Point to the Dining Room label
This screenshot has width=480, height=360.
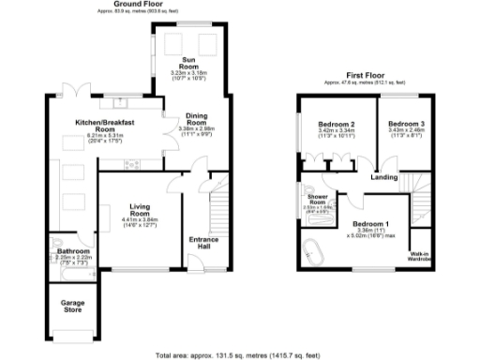click(x=196, y=119)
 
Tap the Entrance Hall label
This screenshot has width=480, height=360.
click(x=204, y=244)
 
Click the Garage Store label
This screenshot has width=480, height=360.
click(x=72, y=307)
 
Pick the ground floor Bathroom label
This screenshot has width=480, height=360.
click(x=72, y=251)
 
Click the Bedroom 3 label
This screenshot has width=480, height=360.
click(x=407, y=125)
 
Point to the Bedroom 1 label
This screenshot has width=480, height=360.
click(x=371, y=223)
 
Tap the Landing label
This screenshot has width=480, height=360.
click(x=382, y=177)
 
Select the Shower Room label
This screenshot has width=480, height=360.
click(x=317, y=200)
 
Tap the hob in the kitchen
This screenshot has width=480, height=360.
click(x=132, y=165)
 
